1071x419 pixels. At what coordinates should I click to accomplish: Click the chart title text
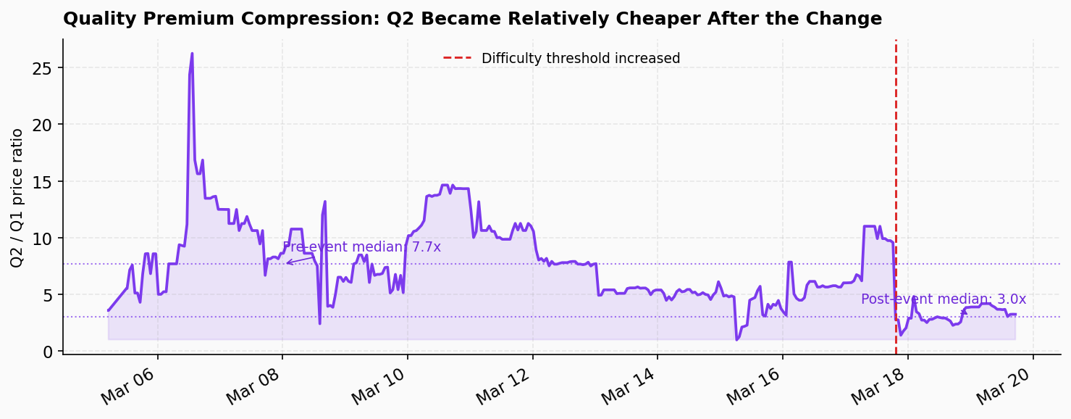point(472,19)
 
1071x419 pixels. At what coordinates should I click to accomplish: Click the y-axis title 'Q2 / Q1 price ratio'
point(17,198)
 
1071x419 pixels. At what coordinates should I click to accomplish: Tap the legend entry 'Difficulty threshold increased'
point(580,59)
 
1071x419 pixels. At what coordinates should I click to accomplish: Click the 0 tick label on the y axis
point(49,352)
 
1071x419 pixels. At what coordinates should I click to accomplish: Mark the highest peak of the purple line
point(192,53)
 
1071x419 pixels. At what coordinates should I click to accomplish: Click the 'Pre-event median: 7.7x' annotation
point(361,247)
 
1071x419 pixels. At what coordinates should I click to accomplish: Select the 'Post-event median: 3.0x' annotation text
point(943,299)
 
